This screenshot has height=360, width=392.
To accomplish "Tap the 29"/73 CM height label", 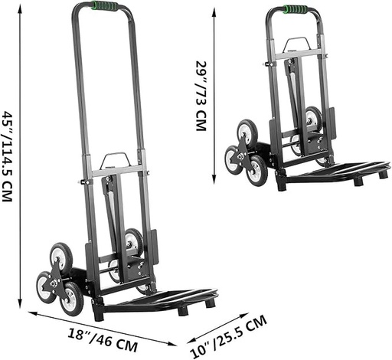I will coord(201,96).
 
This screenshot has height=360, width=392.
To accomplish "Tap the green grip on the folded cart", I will coord(295,10).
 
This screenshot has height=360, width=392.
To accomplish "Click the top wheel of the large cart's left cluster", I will coord(61,254).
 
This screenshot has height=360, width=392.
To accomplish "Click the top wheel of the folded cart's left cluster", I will coord(247,129).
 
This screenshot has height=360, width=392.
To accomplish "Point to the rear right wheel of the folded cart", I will coord(312,119).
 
